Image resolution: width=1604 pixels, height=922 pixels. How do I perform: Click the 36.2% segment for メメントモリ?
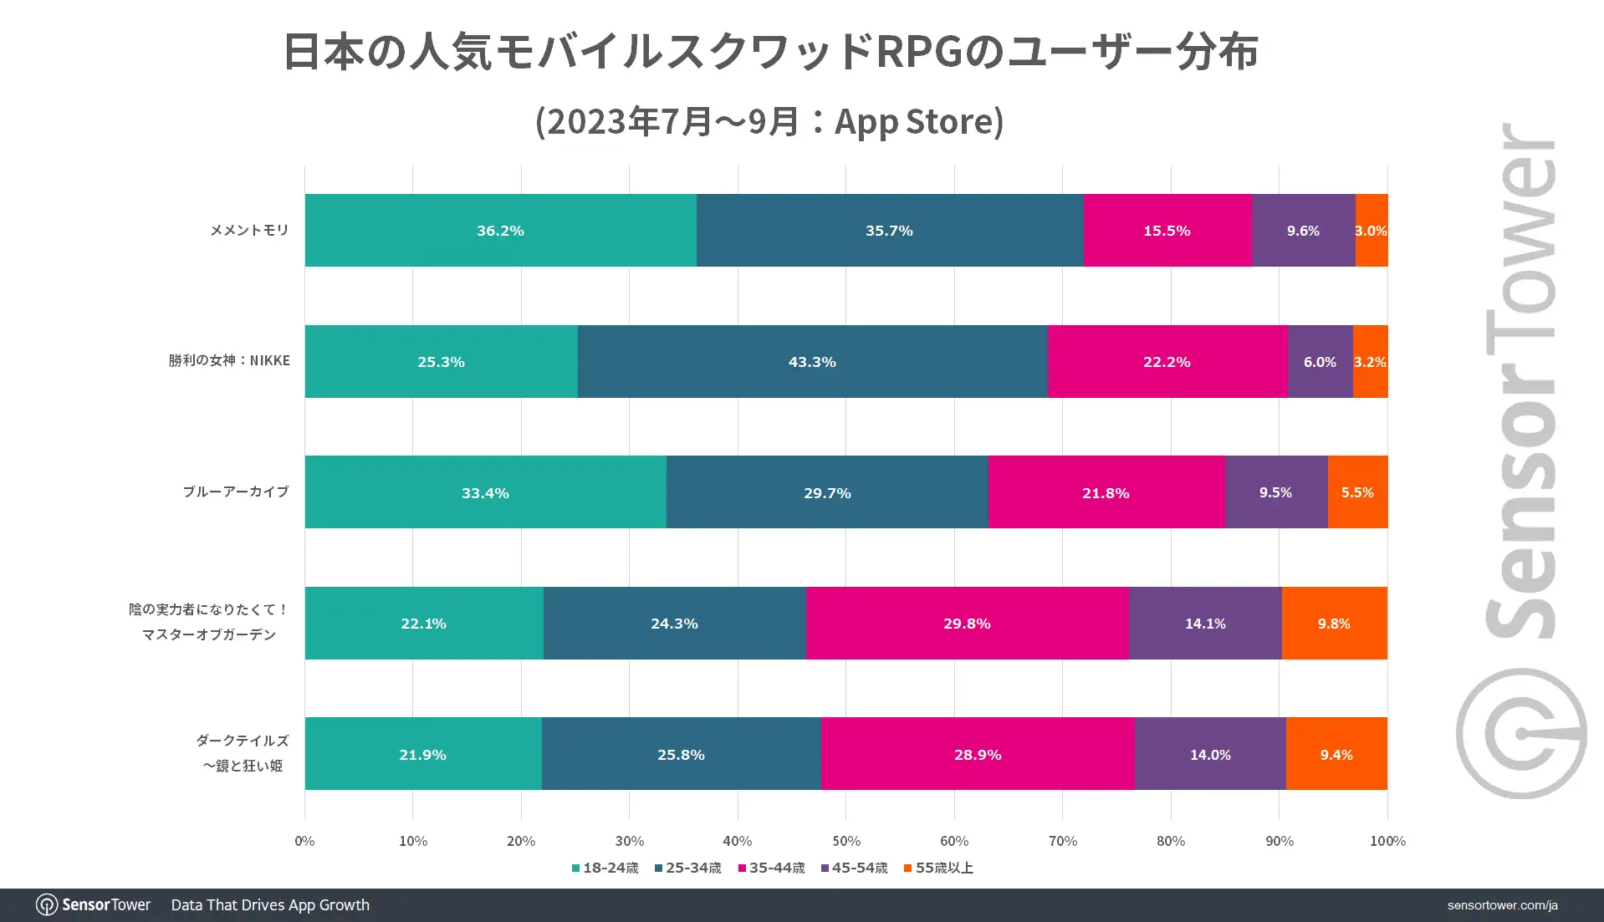click(500, 231)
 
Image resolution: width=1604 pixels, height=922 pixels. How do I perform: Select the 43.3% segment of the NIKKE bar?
click(812, 362)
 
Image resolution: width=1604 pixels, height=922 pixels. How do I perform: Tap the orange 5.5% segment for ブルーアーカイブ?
click(1357, 492)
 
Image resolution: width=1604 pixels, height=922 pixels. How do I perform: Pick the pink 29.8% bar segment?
click(967, 624)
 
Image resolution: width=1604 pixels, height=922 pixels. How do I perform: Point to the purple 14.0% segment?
click(1210, 754)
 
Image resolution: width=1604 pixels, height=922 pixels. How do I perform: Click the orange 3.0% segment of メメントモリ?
click(1372, 231)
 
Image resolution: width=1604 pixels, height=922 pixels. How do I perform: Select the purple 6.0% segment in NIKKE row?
click(1320, 362)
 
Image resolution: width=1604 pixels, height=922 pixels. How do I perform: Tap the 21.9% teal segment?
click(423, 754)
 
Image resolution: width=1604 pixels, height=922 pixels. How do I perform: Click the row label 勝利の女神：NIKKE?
click(229, 360)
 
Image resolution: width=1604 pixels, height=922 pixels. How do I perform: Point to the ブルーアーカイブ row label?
click(236, 492)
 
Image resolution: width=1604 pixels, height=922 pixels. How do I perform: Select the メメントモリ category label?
click(249, 230)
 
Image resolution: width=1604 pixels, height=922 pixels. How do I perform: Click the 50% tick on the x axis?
click(845, 841)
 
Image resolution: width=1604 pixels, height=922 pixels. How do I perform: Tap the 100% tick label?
click(1387, 841)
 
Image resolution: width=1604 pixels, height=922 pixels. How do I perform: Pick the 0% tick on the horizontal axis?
click(304, 841)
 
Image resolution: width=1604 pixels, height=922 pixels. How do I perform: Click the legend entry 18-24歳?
click(605, 868)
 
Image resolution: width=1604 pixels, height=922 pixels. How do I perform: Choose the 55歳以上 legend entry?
click(938, 868)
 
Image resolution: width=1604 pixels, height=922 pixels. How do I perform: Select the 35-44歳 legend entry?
click(771, 868)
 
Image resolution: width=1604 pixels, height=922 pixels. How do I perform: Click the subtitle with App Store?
click(769, 121)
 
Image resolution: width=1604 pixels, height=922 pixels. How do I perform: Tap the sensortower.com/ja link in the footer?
click(1502, 905)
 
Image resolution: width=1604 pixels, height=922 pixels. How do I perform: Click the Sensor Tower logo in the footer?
click(93, 904)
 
